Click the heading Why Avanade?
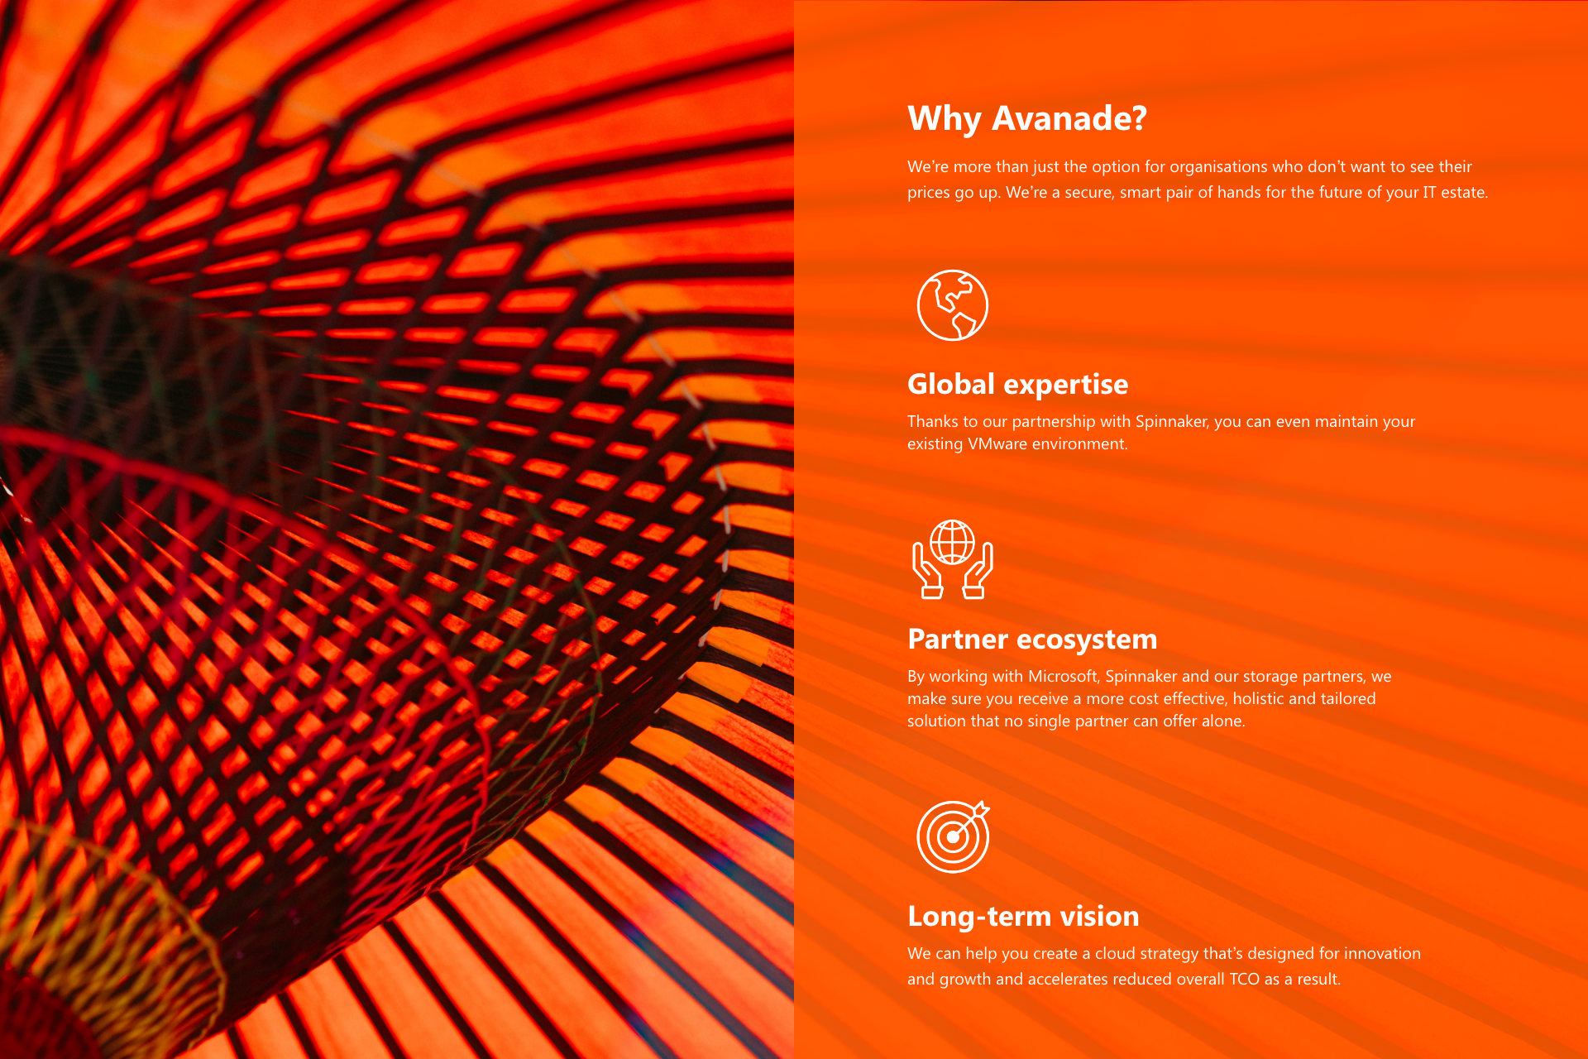tap(1027, 119)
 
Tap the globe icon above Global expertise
tap(953, 304)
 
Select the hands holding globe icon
tap(953, 558)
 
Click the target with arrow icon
tap(954, 836)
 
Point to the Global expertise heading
tap(1017, 385)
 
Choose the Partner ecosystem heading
tap(1032, 640)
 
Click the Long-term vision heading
tap(1023, 917)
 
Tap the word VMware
tap(997, 444)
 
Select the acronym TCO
tap(1244, 980)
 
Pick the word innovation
tap(1382, 954)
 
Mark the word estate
tap(1465, 193)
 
